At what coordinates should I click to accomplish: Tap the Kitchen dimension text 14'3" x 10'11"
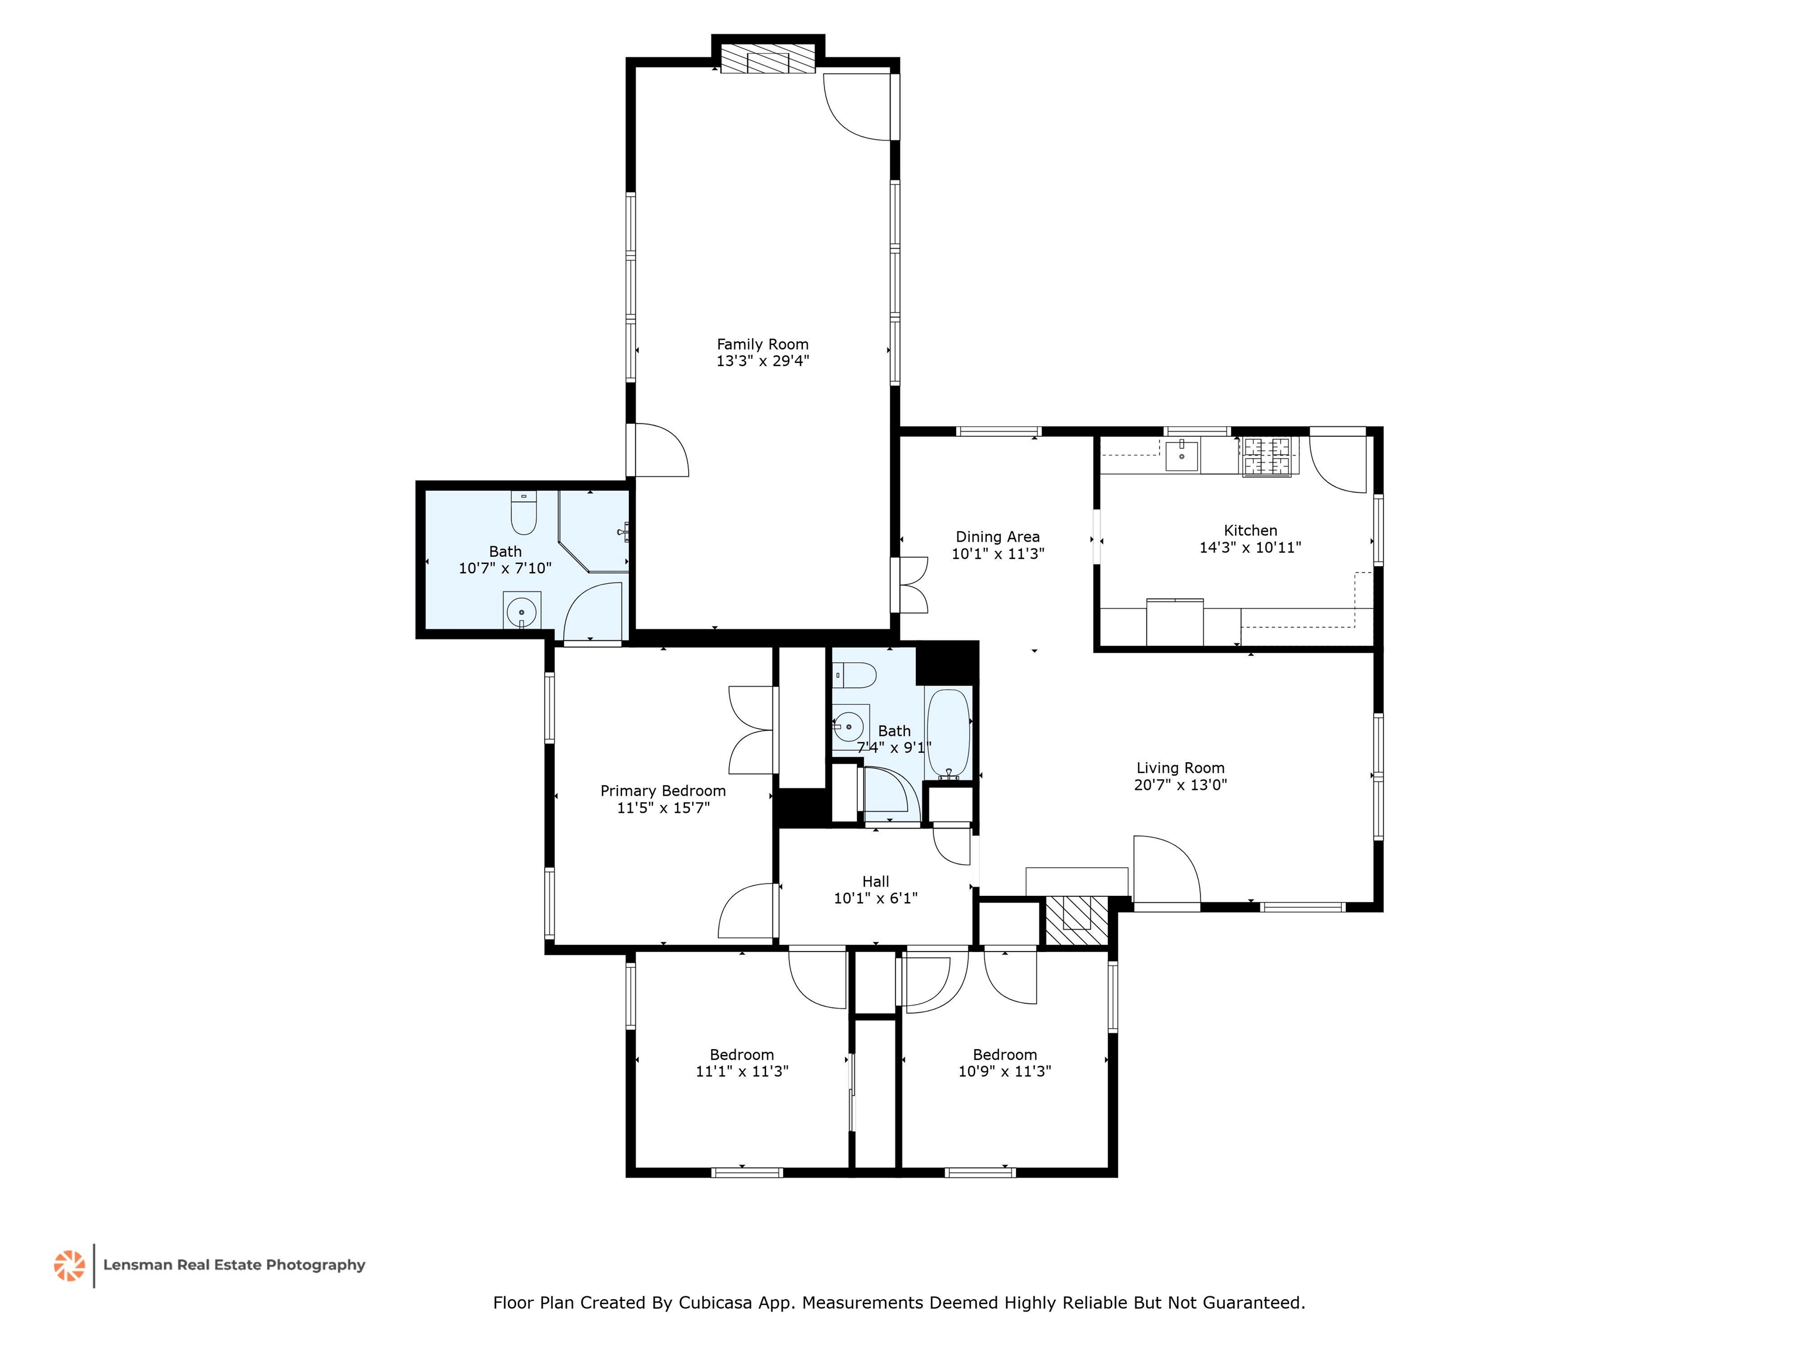(1250, 547)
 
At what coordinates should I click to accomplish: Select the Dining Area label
(997, 537)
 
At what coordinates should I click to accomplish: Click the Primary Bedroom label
(663, 790)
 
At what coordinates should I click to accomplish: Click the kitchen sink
(1181, 456)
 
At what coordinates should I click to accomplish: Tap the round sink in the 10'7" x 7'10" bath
(521, 611)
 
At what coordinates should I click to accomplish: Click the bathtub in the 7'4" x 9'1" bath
(948, 734)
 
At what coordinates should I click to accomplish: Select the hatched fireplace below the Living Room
(1076, 920)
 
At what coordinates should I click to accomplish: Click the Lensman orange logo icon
(69, 1265)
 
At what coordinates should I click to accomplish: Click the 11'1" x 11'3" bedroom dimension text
(742, 1071)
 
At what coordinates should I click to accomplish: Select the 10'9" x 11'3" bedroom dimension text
(1004, 1071)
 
